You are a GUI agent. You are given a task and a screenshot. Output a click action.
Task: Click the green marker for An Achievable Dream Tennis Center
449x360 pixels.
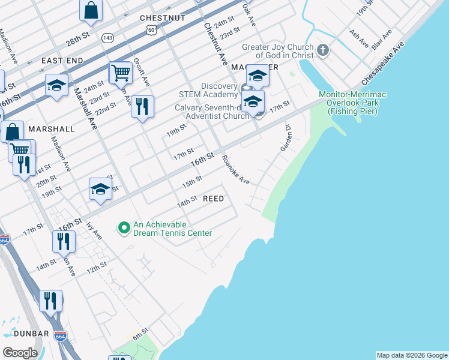coord(124,227)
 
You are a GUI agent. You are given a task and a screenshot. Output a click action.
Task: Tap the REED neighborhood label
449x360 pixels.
coord(213,199)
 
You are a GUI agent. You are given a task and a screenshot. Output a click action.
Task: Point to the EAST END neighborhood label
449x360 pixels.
coord(62,61)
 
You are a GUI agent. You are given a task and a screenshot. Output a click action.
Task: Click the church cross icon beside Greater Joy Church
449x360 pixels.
coord(323,50)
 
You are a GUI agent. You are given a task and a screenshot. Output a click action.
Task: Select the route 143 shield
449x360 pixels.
coord(108,37)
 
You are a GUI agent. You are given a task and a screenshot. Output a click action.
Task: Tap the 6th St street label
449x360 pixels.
coord(140,334)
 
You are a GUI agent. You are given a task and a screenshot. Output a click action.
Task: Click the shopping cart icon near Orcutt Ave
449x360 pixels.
coord(121,73)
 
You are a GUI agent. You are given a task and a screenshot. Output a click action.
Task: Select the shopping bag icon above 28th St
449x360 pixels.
coord(91,10)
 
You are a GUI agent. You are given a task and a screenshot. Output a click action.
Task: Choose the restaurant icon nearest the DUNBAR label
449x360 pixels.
coord(51,300)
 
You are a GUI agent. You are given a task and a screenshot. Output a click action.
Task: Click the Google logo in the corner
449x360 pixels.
coord(20,352)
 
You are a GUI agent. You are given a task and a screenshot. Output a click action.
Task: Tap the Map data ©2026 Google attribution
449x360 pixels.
coord(412,355)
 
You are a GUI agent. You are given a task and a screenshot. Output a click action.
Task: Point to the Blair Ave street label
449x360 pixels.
coord(381,39)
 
